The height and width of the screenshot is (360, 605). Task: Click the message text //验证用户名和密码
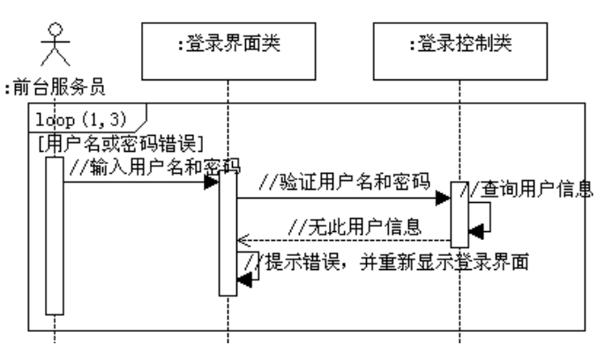tap(344, 184)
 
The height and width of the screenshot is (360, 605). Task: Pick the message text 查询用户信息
tap(534, 189)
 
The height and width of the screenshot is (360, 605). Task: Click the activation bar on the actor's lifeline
tap(55, 235)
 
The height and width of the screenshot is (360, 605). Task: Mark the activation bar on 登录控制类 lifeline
tap(459, 214)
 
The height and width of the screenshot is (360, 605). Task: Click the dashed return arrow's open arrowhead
tap(243, 239)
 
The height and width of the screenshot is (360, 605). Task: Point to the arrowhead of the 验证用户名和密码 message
tap(445, 199)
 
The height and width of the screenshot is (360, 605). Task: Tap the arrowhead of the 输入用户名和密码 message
tap(212, 182)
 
